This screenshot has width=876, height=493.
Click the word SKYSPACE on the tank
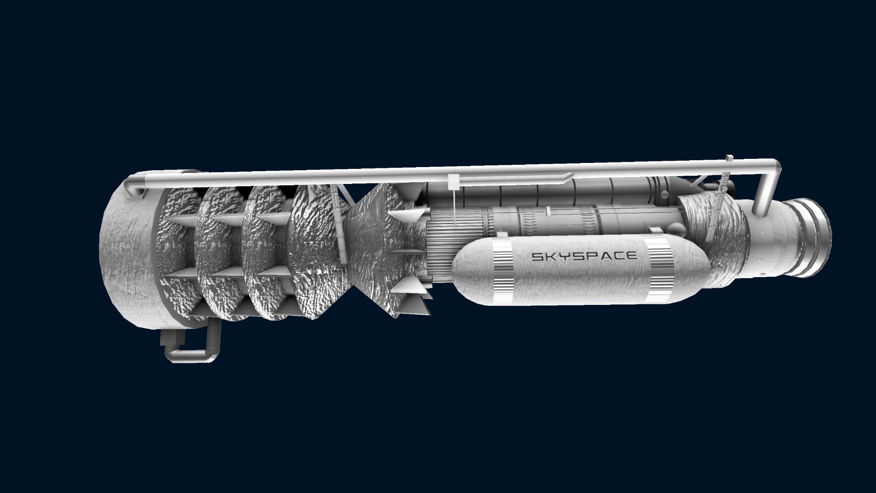coord(584,256)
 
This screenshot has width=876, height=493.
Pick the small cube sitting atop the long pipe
coord(729,158)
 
